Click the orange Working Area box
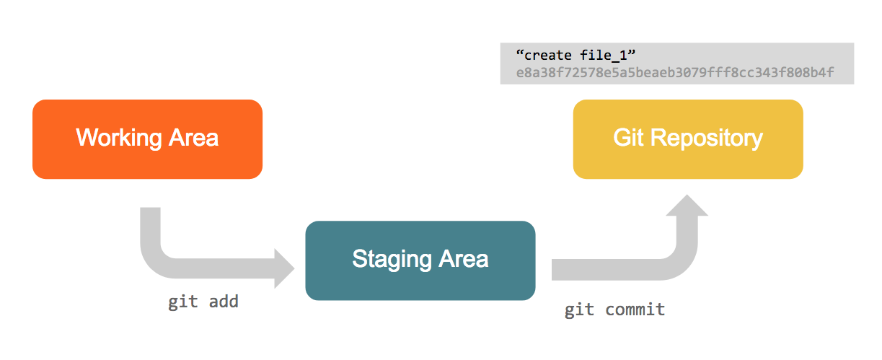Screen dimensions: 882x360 coord(148,139)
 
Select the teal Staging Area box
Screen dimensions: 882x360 coord(420,260)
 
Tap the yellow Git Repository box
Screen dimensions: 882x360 coord(688,139)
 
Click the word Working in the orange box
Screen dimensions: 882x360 coord(119,139)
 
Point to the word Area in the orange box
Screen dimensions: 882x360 coord(193,138)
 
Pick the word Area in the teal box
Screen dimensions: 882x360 coord(464,259)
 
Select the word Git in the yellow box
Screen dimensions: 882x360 coord(628,138)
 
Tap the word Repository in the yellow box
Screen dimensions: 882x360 coord(707,139)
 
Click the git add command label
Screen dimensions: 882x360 coord(203,302)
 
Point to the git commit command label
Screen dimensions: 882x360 coord(614,310)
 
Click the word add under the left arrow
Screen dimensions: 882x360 coord(224,302)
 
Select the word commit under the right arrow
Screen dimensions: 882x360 coord(635,309)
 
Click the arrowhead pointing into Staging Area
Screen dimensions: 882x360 coord(284,268)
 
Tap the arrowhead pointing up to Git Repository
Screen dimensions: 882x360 coord(687,205)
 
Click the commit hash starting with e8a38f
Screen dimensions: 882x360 coord(675,72)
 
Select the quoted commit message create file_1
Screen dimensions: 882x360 coord(575,55)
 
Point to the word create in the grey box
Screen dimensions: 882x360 coord(548,56)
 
